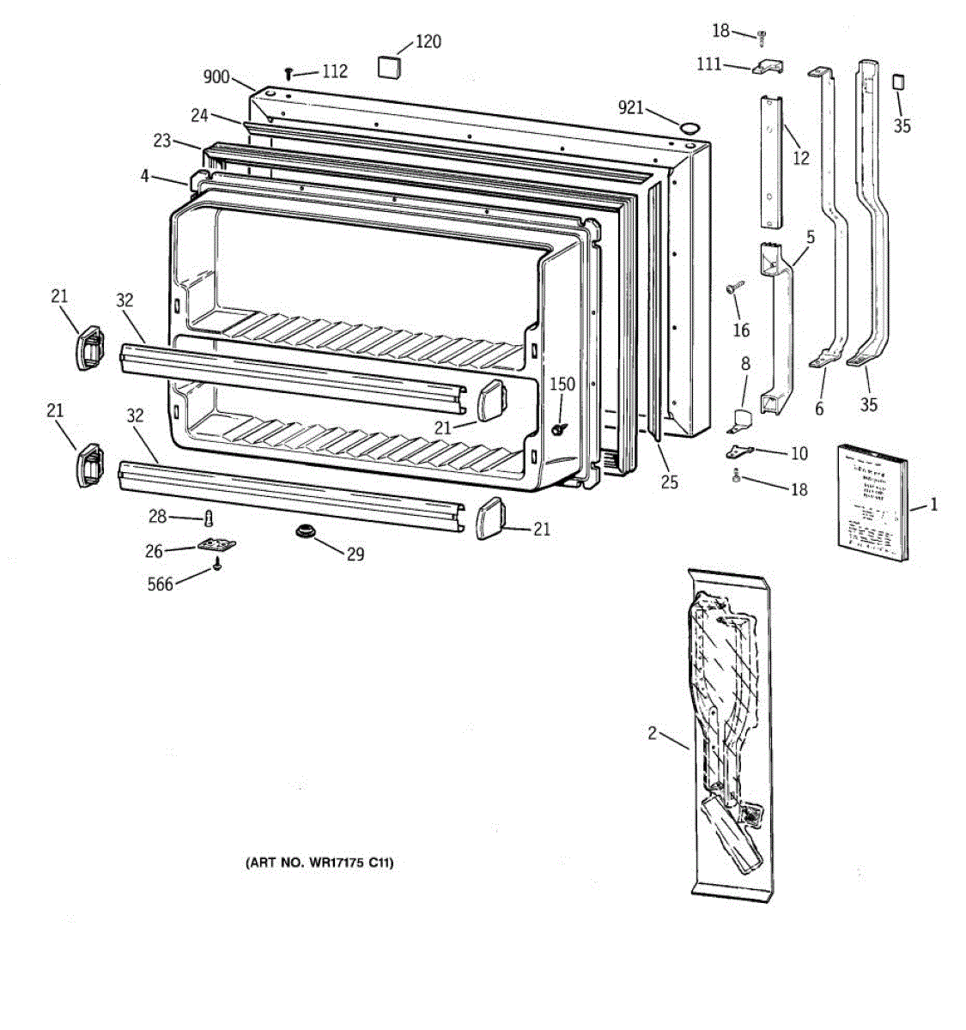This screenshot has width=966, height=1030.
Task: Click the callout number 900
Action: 216,77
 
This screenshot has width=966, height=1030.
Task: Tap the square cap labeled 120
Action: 390,65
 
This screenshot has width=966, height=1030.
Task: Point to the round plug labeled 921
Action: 689,129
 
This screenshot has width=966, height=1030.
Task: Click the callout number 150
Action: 562,385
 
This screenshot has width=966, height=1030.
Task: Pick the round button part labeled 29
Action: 304,533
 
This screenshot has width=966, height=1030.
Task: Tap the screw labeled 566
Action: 218,565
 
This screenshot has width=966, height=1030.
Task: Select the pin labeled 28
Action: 208,517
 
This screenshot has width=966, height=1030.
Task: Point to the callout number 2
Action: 653,733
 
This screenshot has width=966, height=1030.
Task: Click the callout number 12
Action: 800,158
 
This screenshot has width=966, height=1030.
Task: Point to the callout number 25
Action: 669,482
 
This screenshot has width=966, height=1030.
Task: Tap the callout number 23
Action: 162,141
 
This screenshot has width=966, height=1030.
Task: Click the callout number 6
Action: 819,409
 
